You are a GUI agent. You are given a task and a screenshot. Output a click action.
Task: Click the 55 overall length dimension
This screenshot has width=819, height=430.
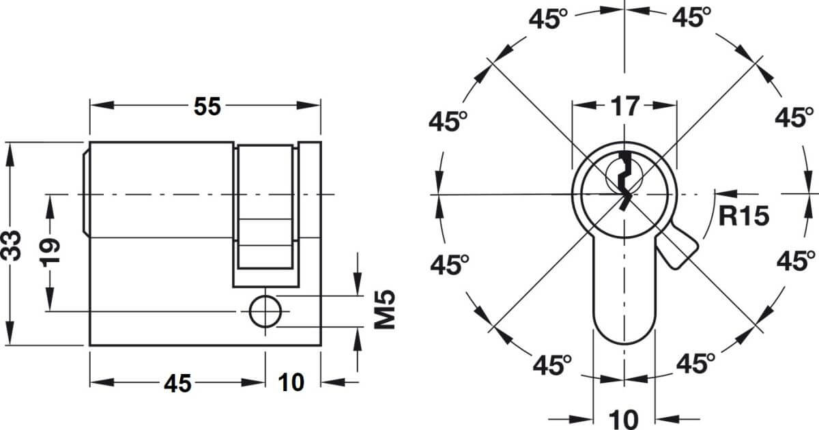click(x=207, y=106)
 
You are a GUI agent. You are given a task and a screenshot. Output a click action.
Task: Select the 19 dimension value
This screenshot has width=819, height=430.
click(x=50, y=253)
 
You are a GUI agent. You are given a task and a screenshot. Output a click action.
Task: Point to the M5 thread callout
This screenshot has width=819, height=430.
click(x=385, y=310)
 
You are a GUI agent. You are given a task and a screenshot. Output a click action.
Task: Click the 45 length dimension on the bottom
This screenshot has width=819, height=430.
click(x=177, y=384)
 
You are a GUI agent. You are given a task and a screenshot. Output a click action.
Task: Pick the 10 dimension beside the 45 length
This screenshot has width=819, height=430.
click(x=291, y=382)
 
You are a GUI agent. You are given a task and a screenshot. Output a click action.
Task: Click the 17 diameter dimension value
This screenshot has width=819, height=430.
click(x=625, y=106)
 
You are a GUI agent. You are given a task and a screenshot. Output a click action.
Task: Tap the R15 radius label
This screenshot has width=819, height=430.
click(x=744, y=216)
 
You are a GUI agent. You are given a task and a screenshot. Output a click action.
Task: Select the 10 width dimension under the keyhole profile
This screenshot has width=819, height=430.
click(x=624, y=419)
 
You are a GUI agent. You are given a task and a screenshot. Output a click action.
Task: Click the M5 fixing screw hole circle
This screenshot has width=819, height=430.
click(x=265, y=311)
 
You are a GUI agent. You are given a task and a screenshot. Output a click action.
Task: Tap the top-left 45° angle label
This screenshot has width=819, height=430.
click(x=548, y=18)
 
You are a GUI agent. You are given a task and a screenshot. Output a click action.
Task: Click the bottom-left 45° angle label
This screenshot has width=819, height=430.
click(x=552, y=364)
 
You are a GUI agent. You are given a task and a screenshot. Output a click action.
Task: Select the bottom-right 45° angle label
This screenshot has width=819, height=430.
click(x=695, y=363)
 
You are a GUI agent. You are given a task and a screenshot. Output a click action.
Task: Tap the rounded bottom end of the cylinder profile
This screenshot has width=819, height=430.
click(x=624, y=343)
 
